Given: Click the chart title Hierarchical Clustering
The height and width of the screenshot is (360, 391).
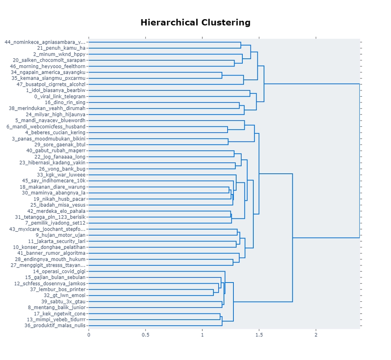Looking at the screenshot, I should coord(195,22).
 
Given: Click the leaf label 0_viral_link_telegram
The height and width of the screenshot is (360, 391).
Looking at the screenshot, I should coord(60,97).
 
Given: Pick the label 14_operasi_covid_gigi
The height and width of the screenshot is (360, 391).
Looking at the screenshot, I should coord(59,272).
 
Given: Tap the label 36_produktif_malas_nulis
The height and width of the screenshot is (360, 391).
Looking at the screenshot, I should coord(55,326).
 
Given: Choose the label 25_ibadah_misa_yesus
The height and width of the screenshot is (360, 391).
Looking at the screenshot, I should coord(58,205).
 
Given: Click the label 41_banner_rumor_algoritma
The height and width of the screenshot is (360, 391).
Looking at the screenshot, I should coord(51,253).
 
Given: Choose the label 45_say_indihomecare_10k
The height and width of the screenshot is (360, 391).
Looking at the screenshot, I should coord(54,181).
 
